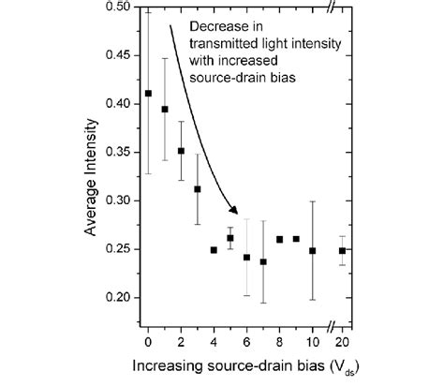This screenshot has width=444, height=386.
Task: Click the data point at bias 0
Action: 148,94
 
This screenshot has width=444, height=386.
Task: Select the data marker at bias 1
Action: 165,110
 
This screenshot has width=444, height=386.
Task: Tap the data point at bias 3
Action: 198,189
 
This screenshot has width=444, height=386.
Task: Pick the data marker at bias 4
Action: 214,250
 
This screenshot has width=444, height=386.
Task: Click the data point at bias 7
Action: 263,261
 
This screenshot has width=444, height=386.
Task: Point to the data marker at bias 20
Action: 343,250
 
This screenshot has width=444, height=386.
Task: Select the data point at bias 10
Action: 313,250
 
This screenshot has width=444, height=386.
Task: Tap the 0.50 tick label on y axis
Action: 121,7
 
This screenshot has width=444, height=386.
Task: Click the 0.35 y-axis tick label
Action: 121,152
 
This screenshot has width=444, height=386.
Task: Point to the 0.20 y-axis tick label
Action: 121,298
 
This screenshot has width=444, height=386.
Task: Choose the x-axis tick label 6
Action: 246,333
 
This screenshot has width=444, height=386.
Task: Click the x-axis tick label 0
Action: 148,333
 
